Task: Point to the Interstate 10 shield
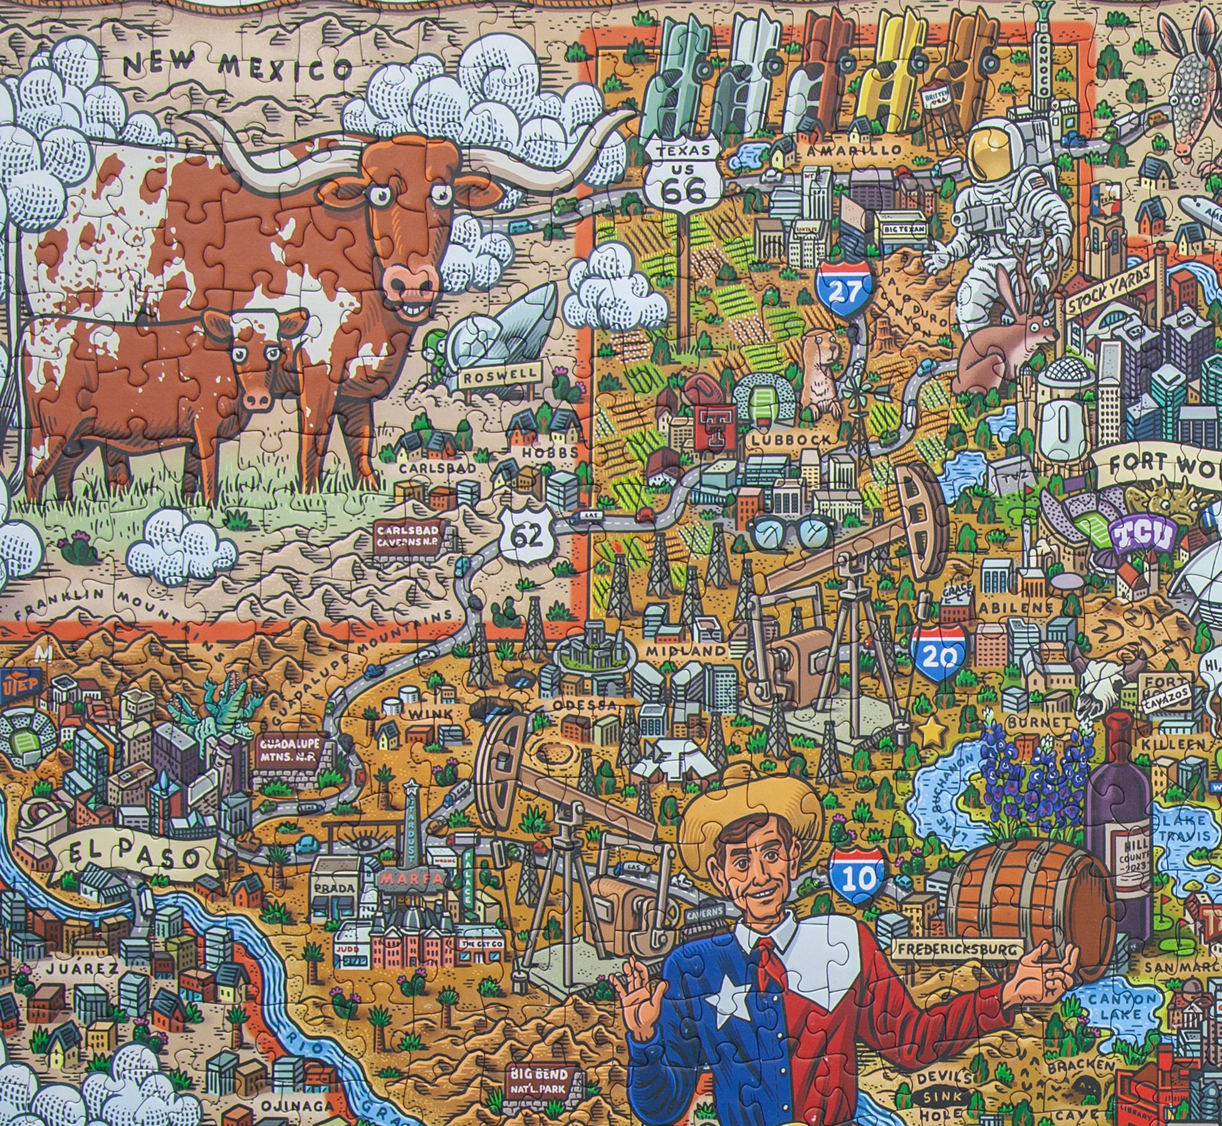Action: click(x=859, y=877)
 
